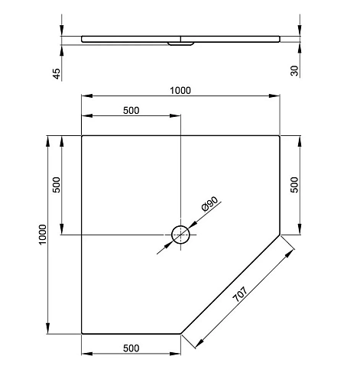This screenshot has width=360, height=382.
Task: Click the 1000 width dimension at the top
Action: [x=180, y=90]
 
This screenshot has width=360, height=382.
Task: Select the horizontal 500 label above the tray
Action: [x=131, y=110]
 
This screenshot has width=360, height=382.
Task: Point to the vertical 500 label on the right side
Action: [x=296, y=185]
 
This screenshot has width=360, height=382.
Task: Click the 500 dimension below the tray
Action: [x=131, y=348]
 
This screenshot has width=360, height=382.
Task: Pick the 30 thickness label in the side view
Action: [x=295, y=71]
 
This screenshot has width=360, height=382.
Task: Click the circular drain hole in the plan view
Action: [x=181, y=235]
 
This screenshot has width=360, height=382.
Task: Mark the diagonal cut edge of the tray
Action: [x=231, y=284]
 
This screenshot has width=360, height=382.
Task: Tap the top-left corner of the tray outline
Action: [x=82, y=135]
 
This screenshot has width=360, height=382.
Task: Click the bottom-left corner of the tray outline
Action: [x=82, y=334]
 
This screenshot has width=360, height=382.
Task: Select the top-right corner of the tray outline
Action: [x=281, y=135]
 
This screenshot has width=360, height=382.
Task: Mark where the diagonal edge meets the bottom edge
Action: [x=181, y=334]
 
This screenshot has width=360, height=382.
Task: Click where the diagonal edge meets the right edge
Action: [x=281, y=235]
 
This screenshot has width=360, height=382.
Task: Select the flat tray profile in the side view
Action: [x=229, y=37]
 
